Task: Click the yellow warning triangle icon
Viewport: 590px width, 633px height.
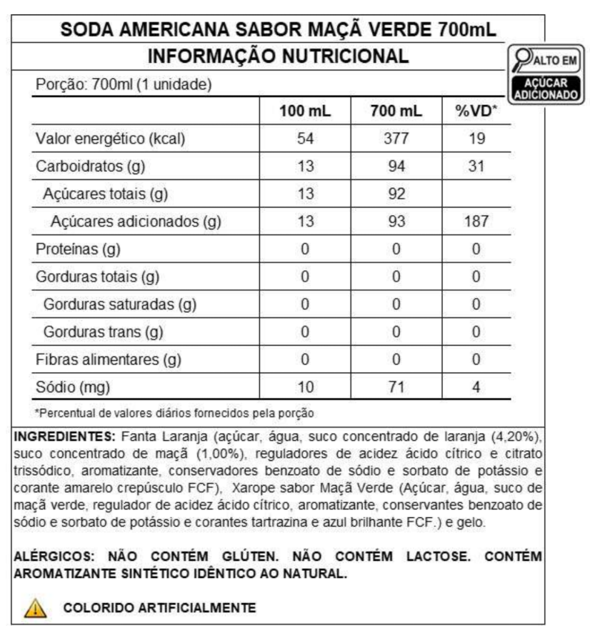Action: click(33, 608)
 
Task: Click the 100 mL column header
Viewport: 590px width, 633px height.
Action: click(305, 111)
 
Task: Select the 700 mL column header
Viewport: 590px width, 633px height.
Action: click(396, 111)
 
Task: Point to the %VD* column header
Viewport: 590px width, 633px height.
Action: click(476, 111)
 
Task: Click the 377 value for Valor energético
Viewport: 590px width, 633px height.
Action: click(396, 139)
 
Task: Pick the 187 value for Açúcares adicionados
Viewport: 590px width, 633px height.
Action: click(476, 221)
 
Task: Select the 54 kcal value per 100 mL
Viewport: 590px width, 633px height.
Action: click(305, 139)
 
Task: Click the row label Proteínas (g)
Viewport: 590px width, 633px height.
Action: click(78, 249)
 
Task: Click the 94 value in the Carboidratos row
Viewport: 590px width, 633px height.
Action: click(396, 166)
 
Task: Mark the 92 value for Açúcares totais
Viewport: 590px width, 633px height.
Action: click(396, 194)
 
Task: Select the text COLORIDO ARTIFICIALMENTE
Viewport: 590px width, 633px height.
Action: click(159, 608)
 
